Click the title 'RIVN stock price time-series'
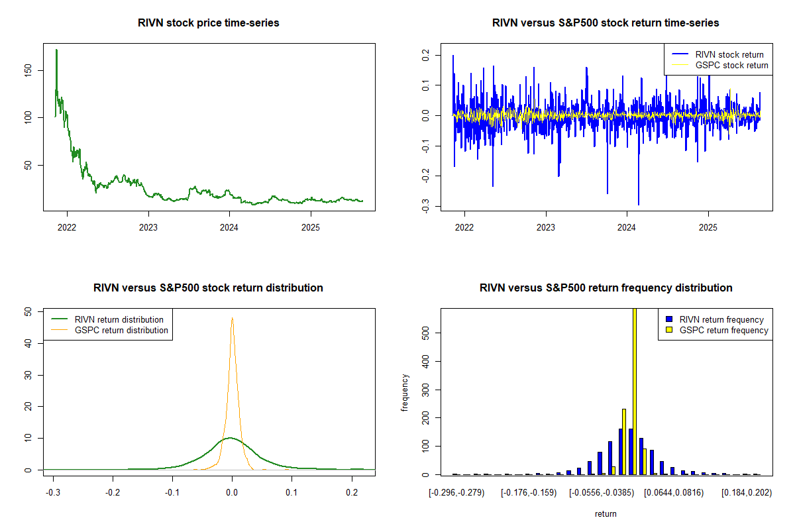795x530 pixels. pos(208,23)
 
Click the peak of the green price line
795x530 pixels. pos(56,50)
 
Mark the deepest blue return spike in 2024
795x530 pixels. pos(639,204)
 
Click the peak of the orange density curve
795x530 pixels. pos(232,318)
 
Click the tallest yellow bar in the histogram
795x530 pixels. pos(634,391)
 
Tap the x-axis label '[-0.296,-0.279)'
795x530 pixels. pos(456,492)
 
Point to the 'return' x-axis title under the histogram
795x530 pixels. pos(606,513)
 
